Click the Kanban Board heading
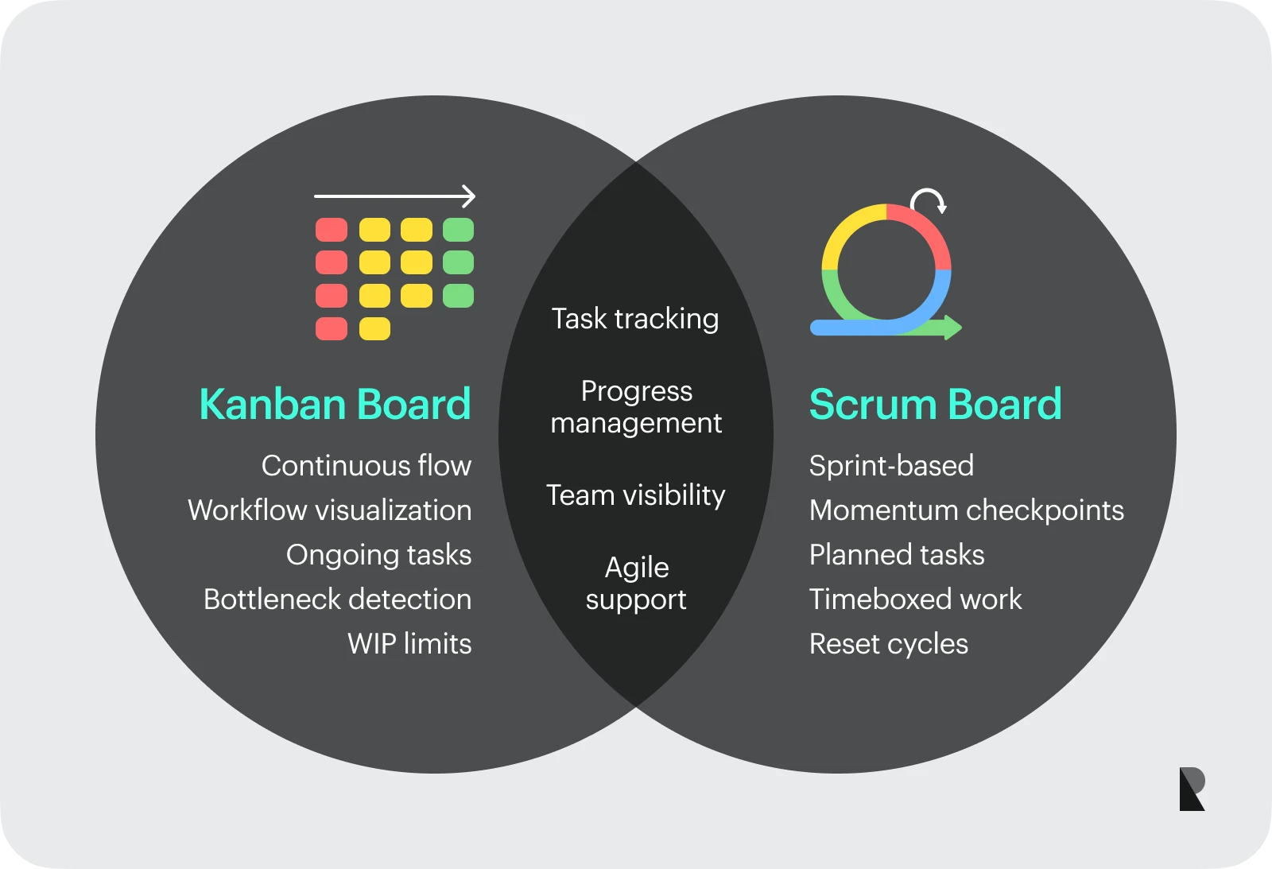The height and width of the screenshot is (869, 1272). coord(335,404)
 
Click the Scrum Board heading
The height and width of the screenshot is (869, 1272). coord(935,404)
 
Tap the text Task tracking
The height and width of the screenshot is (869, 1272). coord(635,319)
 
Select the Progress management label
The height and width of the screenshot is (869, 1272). coord(636,407)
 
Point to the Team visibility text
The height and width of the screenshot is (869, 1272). coord(635,495)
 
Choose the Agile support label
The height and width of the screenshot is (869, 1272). coord(636,584)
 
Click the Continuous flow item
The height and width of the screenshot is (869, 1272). coord(366,466)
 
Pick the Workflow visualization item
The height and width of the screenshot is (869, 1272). coord(330,510)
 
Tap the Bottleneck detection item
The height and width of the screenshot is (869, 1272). coord(338,599)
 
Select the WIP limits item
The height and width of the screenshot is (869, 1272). coord(409,644)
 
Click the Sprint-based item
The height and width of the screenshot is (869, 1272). coord(891,466)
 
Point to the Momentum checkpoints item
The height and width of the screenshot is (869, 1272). coord(966,510)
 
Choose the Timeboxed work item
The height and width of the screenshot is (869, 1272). coord(915,599)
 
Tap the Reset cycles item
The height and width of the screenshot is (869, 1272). coord(888,644)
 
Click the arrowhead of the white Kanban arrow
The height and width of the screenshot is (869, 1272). coord(470,196)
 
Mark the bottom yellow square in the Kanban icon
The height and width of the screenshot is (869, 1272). coord(374,328)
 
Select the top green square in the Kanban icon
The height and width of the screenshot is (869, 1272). coord(458,230)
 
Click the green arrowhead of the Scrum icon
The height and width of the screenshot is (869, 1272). coord(952,328)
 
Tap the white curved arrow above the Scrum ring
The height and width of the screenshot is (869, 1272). coord(929,200)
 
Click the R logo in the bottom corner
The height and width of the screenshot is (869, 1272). coord(1192,789)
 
